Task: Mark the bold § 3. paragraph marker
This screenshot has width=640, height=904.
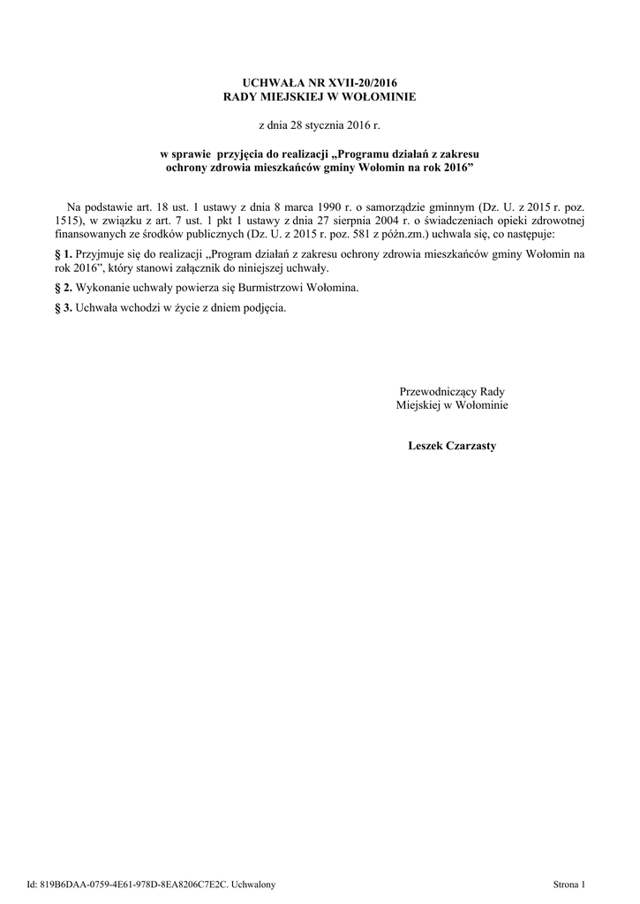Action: point(63,308)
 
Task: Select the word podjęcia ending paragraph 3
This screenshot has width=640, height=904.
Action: point(263,308)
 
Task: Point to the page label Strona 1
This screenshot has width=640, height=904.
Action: point(568,884)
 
